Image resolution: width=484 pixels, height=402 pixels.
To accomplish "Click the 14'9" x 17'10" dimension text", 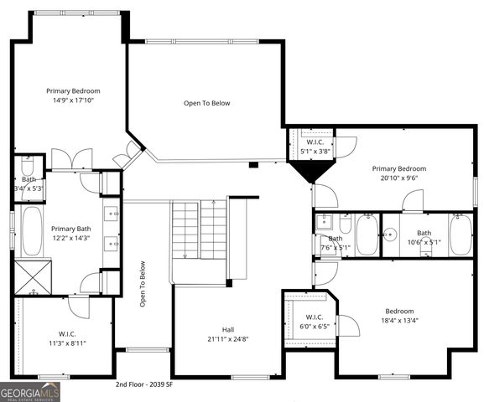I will (x=74, y=100).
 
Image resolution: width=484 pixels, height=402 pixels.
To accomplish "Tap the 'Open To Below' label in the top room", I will (x=206, y=103).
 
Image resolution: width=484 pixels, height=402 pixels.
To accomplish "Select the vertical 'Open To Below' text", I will (x=143, y=284).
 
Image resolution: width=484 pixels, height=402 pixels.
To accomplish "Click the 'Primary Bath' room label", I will (x=70, y=229).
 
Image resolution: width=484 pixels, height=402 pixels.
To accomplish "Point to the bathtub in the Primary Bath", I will (x=33, y=232).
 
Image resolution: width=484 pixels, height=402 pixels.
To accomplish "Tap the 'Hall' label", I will (x=228, y=329).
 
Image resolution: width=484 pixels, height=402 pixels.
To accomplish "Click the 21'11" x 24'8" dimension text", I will (x=228, y=339).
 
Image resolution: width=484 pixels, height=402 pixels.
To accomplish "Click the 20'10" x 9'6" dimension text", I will (x=399, y=178).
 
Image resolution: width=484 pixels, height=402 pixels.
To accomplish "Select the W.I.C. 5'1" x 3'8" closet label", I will (x=315, y=147).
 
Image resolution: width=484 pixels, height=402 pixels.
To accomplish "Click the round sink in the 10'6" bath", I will (x=389, y=234).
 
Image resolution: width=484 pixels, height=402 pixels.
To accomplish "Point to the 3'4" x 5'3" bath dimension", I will (x=29, y=188).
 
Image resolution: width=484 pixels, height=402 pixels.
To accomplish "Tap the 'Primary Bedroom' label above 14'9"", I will (x=74, y=90).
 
